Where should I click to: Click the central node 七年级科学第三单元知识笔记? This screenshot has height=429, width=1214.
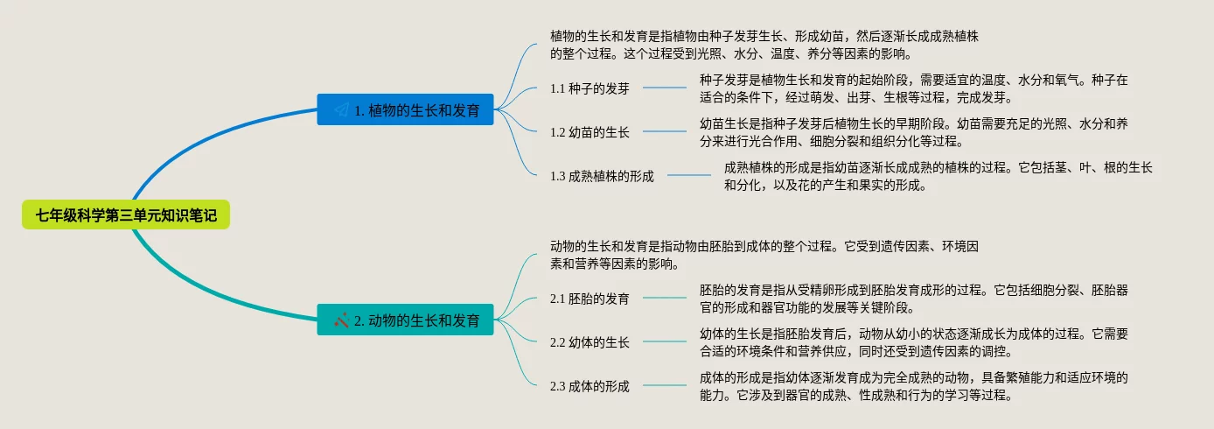point(126,214)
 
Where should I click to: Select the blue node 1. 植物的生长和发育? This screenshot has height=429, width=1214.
point(405,110)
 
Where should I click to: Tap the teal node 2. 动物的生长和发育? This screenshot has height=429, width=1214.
point(405,320)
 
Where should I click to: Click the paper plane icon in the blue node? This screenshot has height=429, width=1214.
point(341,110)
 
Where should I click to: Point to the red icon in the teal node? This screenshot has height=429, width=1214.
point(341,320)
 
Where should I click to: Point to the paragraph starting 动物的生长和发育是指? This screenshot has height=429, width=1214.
point(757,255)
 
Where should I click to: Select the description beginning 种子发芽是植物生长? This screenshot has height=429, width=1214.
point(913,88)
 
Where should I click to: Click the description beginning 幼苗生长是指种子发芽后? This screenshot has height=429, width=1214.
point(913,132)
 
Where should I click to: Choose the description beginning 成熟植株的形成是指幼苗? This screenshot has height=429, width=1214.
point(938,176)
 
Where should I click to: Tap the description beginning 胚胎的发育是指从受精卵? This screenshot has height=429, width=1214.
point(913,299)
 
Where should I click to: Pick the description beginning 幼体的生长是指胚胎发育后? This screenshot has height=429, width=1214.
point(913,342)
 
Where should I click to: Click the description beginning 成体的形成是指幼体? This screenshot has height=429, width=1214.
point(913,386)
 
